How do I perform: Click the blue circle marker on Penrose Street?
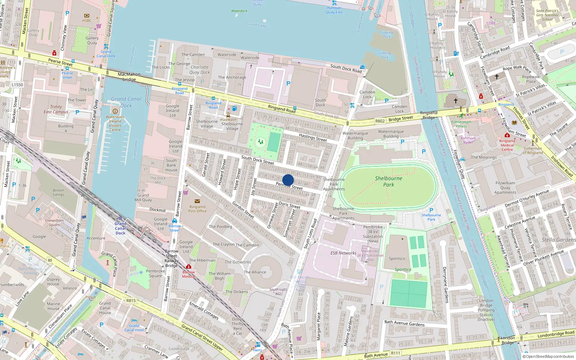pos(288,180)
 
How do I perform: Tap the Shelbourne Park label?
pos(388,181)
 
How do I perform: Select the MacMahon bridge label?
pos(129,77)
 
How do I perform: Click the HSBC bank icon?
pos(87,16)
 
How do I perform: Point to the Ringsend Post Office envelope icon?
pos(197,201)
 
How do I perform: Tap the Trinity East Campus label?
pos(56,109)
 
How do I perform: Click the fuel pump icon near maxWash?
pos(234,109)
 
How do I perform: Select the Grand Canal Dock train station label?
pos(120,228)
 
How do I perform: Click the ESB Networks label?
pos(343,253)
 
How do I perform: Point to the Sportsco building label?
pos(397,258)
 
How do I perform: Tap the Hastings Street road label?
pos(313,137)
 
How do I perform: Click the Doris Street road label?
pos(289,205)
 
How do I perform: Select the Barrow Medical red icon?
pos(188,267)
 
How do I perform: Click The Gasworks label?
pos(238,262)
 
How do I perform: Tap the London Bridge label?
pos(508,340)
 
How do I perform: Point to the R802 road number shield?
pos(380,121)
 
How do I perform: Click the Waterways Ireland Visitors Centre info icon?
pos(115,111)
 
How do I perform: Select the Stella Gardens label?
pos(558,240)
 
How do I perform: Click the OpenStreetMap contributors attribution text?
pos(548,356)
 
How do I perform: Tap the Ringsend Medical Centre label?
pos(507,145)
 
